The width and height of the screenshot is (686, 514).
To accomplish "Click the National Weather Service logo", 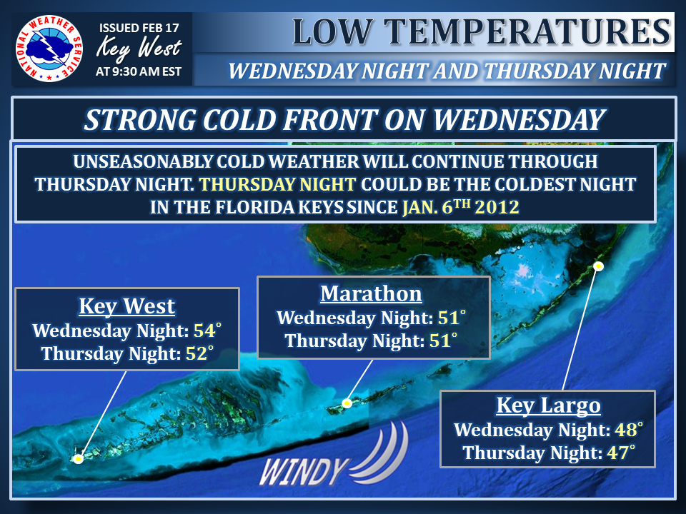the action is [49, 49].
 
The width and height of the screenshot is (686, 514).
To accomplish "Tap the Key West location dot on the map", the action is [79, 459].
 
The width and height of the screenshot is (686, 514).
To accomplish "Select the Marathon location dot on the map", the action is [347, 403].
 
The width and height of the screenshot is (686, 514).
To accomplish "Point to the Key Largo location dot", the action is [599, 266].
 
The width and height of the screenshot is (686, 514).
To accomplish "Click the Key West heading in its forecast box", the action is [127, 306].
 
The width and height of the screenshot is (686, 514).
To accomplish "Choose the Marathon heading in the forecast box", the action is [372, 293].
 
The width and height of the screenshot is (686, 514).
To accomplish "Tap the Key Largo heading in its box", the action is [549, 405].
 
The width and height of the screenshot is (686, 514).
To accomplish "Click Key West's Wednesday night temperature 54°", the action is [207, 331].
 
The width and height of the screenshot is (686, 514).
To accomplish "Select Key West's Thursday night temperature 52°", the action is [199, 353].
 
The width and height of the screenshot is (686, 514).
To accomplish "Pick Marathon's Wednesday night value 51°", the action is [452, 318].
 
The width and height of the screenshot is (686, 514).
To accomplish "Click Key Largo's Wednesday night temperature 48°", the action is [629, 430].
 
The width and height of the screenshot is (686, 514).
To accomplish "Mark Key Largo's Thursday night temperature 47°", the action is [621, 453].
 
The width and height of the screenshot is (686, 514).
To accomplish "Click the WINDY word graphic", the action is [304, 472].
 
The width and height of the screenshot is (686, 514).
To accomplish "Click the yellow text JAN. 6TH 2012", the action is [461, 207].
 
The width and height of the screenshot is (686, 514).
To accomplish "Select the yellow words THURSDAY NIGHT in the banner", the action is [278, 184].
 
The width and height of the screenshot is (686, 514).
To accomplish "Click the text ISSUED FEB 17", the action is [139, 28].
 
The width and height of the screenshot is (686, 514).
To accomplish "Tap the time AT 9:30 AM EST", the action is [139, 71].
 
